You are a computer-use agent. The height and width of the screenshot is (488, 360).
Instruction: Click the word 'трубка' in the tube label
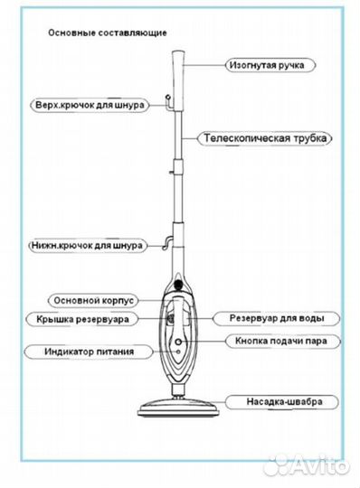(309, 139)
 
